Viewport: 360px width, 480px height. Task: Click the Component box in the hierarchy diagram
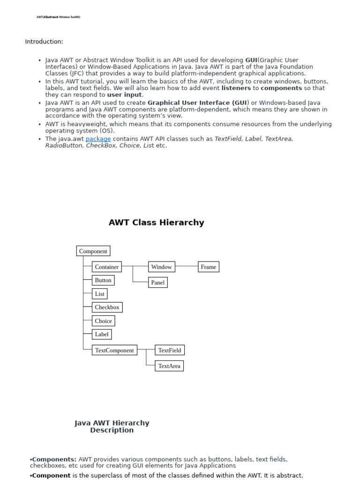click(x=93, y=251)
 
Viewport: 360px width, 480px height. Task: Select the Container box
click(x=107, y=267)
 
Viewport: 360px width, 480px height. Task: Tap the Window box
click(x=161, y=267)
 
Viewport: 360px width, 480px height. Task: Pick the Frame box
click(x=209, y=267)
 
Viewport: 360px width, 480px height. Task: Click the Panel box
click(x=158, y=283)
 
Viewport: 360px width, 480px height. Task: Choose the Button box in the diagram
click(x=103, y=280)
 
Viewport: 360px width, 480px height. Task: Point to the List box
click(x=100, y=294)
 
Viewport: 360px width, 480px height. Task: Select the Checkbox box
click(x=107, y=307)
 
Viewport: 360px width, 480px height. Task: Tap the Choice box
click(x=104, y=321)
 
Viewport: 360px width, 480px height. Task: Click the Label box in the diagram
click(x=102, y=334)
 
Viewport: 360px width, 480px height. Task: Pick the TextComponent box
click(x=114, y=350)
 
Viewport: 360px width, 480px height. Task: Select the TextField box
click(x=170, y=350)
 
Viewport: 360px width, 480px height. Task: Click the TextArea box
click(x=169, y=366)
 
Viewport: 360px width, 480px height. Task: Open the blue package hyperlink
click(x=98, y=139)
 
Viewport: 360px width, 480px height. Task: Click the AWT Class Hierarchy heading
click(x=157, y=223)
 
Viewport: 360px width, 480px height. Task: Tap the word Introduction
click(x=44, y=42)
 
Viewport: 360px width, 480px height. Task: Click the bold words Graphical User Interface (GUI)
click(x=198, y=103)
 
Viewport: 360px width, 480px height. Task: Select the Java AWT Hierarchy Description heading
click(x=112, y=427)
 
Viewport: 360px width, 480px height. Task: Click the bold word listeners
click(x=236, y=88)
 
